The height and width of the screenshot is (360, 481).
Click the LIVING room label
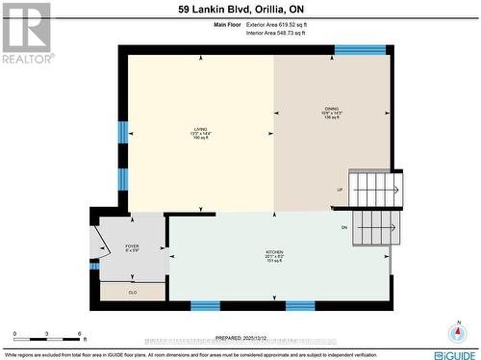200,131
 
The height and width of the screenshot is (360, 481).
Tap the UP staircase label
340,190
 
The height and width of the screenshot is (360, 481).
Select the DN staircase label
344,227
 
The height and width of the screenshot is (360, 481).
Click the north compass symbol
456,332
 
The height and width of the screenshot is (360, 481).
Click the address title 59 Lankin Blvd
240,10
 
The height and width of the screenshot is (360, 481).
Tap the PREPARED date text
240,338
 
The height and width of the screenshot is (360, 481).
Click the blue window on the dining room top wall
360,49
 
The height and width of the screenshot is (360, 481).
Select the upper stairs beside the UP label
373,189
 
